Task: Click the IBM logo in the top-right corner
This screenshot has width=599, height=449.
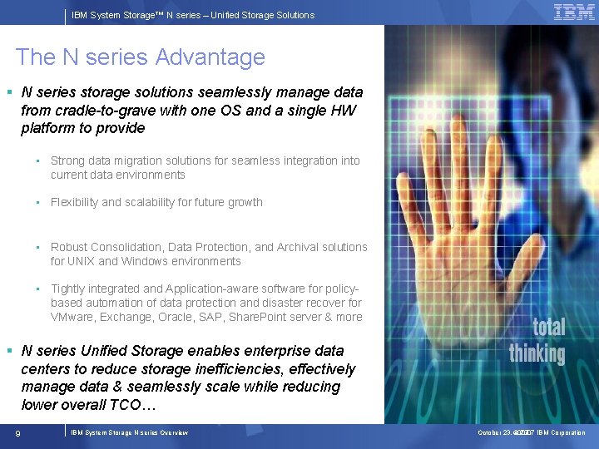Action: [x=574, y=12]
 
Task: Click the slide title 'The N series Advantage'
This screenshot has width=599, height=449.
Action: [x=140, y=57]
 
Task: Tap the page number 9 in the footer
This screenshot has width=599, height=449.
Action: [x=17, y=432]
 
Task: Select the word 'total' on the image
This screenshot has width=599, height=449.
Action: [x=548, y=327]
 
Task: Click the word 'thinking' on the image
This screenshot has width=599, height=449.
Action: [x=537, y=353]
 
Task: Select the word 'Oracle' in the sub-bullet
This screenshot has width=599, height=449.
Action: [x=168, y=317]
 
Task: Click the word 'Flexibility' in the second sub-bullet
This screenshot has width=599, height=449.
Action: [x=74, y=202]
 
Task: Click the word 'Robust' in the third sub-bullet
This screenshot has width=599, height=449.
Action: [x=69, y=247]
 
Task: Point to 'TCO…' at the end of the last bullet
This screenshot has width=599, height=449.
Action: [x=137, y=405]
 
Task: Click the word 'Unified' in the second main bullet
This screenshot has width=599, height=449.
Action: [x=107, y=351]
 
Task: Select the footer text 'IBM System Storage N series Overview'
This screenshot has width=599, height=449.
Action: [x=129, y=432]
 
